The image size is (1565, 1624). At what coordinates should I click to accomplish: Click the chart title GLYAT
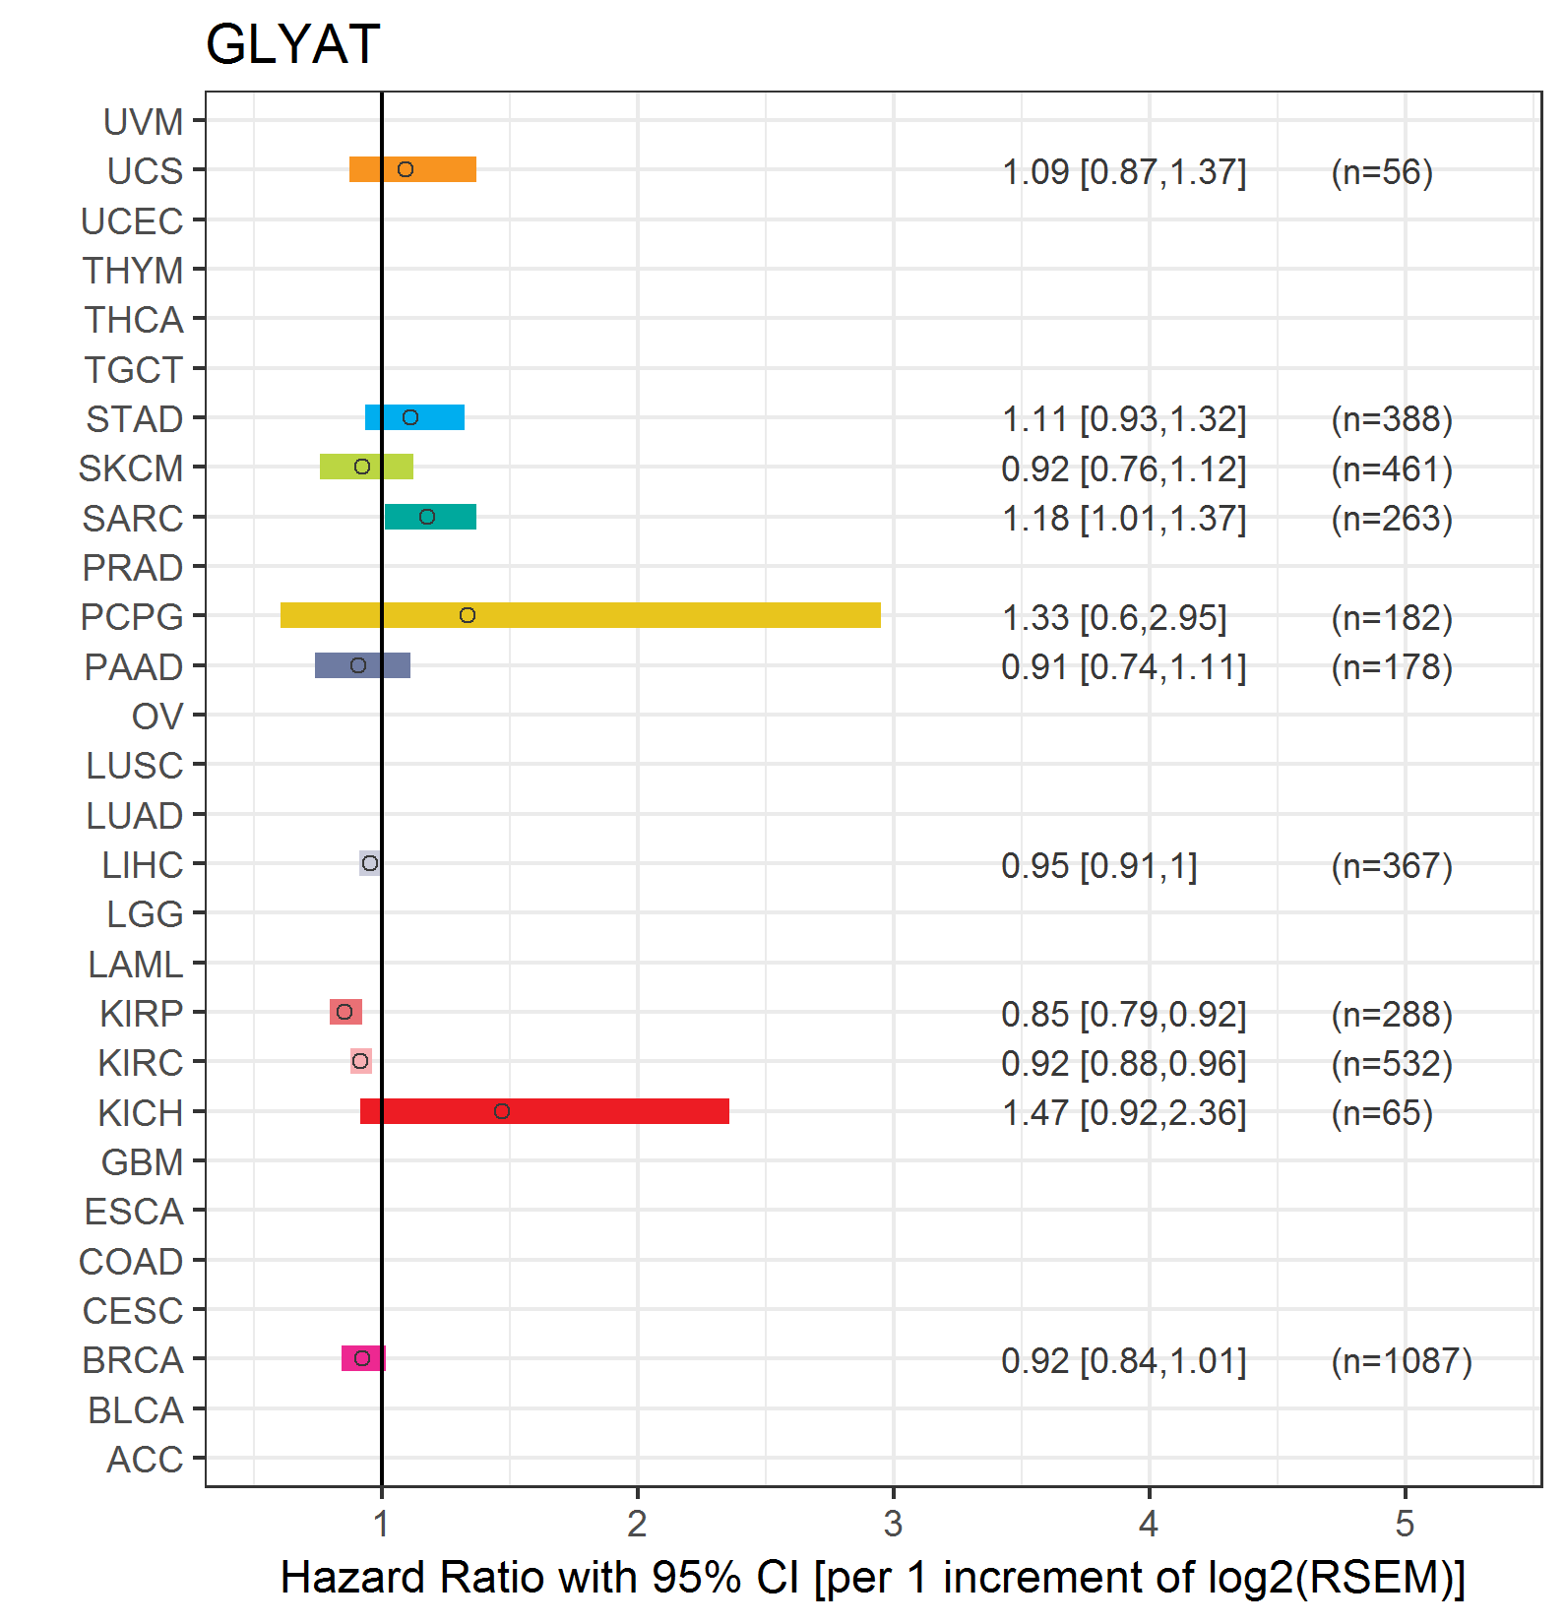292,44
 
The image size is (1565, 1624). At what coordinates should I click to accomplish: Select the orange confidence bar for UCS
412,169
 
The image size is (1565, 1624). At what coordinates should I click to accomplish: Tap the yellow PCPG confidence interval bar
581,615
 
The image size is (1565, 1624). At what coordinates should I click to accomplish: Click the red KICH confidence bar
544,1111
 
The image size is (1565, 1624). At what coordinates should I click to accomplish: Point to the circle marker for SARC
427,517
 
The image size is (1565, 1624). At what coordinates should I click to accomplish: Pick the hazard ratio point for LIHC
370,863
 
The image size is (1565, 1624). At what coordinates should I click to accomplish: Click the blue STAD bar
414,417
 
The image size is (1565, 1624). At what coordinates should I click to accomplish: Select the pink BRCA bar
363,1358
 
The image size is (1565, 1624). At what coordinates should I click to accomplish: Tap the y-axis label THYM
133,271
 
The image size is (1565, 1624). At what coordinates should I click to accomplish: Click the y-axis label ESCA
134,1212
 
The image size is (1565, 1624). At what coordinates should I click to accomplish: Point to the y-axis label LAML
136,965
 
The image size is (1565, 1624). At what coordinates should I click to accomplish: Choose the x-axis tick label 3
893,1524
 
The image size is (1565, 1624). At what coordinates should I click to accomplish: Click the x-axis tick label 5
1405,1524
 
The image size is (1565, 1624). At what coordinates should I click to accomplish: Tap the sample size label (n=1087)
1402,1360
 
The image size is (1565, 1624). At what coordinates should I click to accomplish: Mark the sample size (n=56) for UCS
1382,172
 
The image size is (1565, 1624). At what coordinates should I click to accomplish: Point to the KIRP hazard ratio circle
344,1012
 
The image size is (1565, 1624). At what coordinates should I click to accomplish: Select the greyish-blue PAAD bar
362,665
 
